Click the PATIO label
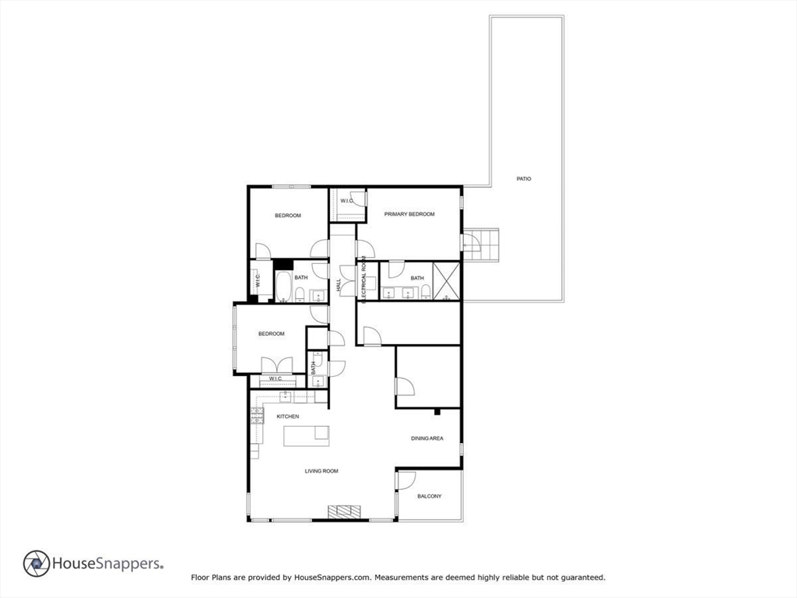pyautogui.click(x=524, y=179)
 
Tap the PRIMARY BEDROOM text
pyautogui.click(x=409, y=214)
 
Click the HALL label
pyautogui.click(x=339, y=286)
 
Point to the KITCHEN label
pyautogui.click(x=288, y=417)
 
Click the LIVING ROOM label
pyautogui.click(x=321, y=471)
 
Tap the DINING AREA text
pyautogui.click(x=427, y=438)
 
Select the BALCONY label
pyautogui.click(x=429, y=496)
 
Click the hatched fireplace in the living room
pyautogui.click(x=344, y=512)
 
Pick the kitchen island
pyautogui.click(x=306, y=436)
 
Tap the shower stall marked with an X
pyautogui.click(x=447, y=281)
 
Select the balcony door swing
pyautogui.click(x=406, y=480)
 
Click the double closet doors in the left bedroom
pyautogui.click(x=276, y=365)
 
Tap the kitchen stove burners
pyautogui.click(x=256, y=416)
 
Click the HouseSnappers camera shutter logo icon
pyautogui.click(x=37, y=564)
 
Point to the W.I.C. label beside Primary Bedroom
pyautogui.click(x=347, y=201)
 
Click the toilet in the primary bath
pyautogui.click(x=426, y=292)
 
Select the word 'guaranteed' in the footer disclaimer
pyautogui.click(x=582, y=578)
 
